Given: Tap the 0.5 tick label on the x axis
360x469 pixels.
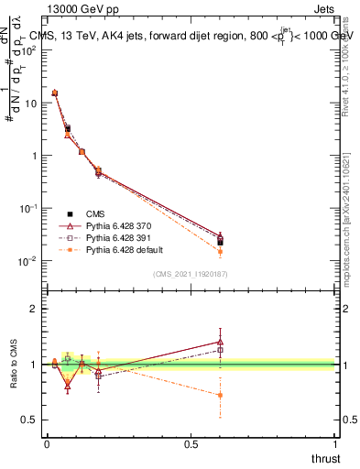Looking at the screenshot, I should coord(191,444).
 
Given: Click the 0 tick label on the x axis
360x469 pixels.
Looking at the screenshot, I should coord(47,444).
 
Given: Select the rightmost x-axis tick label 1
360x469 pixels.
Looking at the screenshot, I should coord(336,444).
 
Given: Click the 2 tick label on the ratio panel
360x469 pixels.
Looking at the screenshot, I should coord(34,309).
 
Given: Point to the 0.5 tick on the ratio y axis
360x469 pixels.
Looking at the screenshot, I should coord(30,420).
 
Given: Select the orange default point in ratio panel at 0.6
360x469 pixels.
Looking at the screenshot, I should coord(220,395).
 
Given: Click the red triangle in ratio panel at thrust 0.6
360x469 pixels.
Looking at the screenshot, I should coord(220,342).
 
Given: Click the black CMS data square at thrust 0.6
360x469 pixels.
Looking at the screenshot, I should coord(220,242).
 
